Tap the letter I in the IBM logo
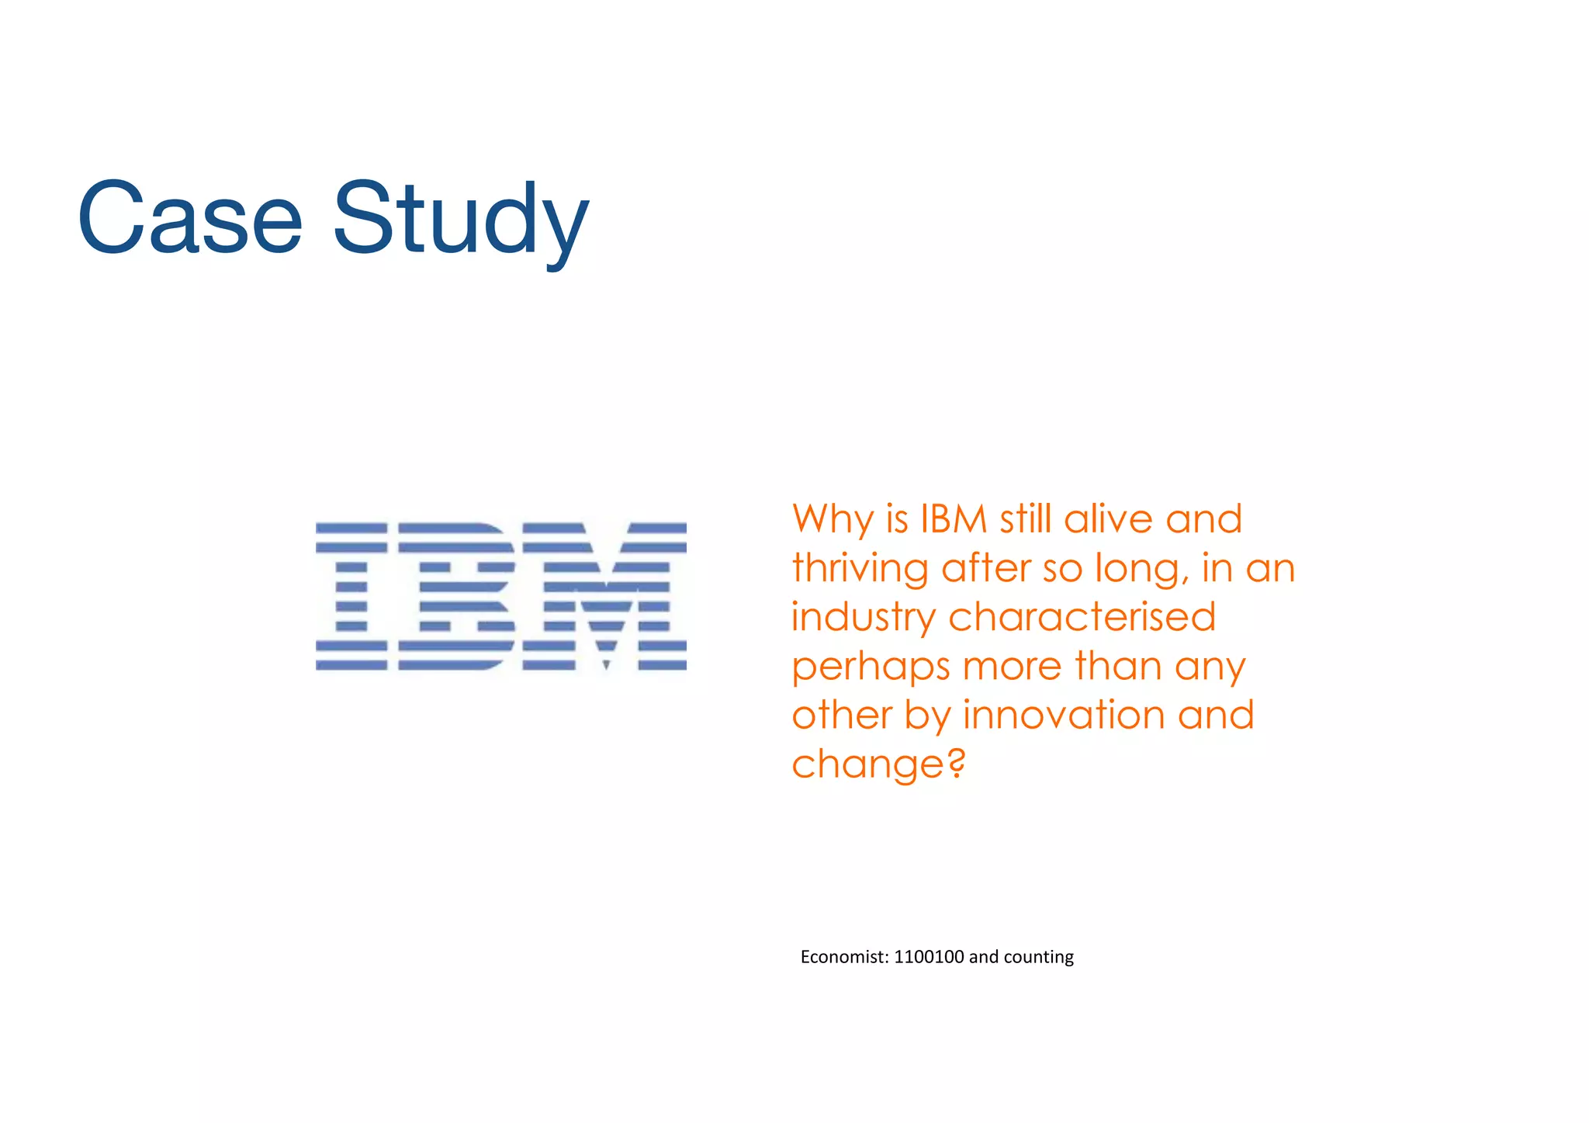tap(351, 596)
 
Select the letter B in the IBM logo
tap(456, 596)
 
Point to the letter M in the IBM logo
tap(604, 596)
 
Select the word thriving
tap(860, 569)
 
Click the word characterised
tap(1082, 617)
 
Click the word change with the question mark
tap(878, 765)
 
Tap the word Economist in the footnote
tap(844, 957)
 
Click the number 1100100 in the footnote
tap(929, 957)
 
